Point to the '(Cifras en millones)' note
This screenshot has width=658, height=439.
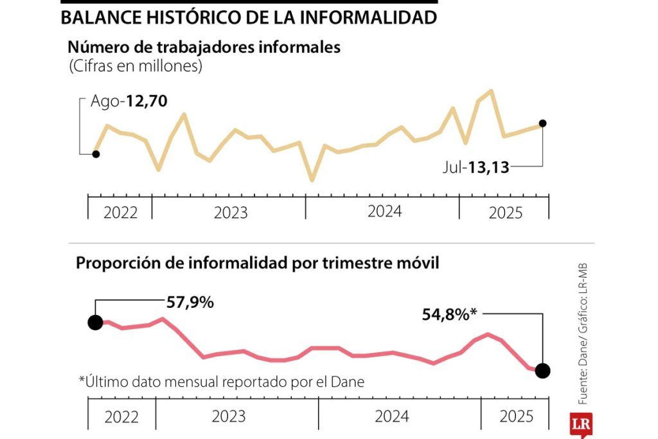coord(135,66)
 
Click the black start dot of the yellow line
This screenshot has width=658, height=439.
coord(96,154)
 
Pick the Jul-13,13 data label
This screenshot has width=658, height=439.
coord(476,168)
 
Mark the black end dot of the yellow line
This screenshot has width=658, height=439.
coord(542,123)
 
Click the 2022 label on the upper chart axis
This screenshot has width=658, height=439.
coord(120,213)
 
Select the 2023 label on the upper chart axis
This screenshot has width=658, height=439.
coord(229,213)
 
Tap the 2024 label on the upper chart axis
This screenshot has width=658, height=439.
coord(384,211)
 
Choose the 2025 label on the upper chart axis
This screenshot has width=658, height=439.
coord(506,213)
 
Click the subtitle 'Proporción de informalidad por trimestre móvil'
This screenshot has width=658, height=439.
coord(258,264)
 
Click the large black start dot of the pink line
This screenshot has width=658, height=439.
coord(95,322)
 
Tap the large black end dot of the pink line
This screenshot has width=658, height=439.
coord(542,370)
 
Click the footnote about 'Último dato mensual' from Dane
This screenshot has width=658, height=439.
coord(222,382)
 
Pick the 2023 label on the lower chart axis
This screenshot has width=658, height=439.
coord(228,417)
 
